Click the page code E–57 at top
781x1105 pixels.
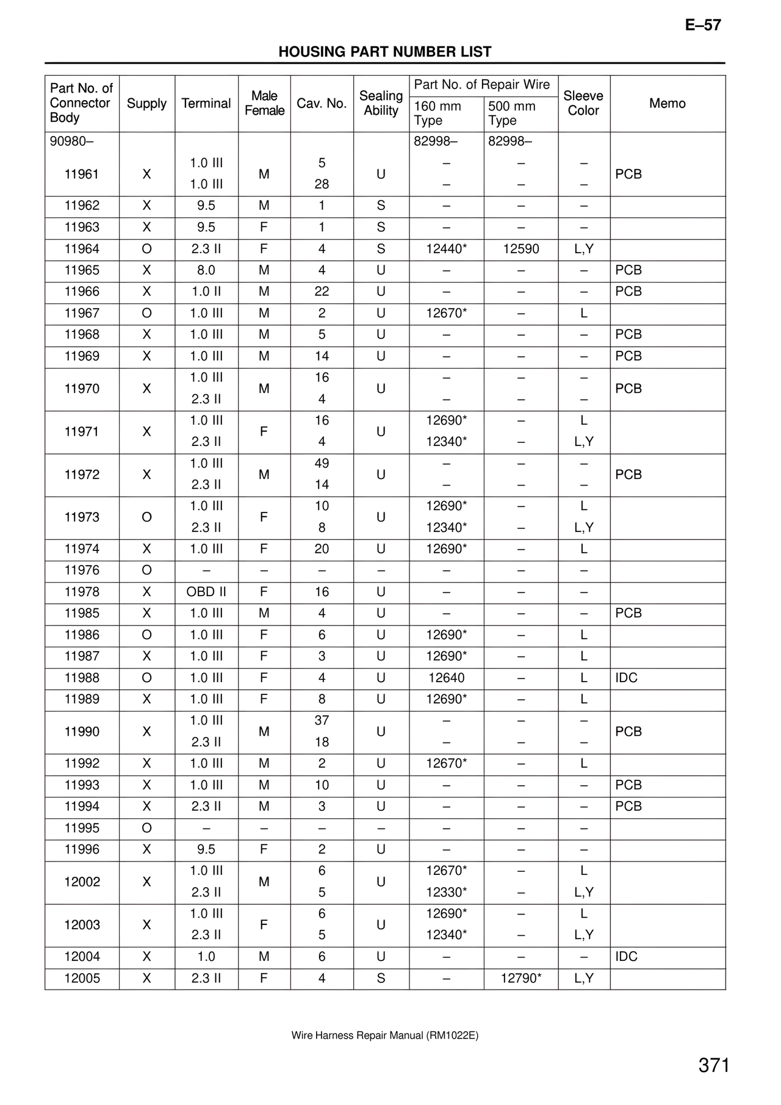[x=703, y=25]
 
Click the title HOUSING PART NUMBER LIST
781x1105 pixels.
[x=384, y=52]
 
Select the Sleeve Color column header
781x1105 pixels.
[x=583, y=103]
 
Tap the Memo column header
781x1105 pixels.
[x=667, y=103]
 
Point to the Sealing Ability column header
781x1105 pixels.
[x=381, y=103]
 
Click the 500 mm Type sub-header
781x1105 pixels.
[x=512, y=113]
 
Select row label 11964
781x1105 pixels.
[x=82, y=249]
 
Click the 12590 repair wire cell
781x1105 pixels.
[x=520, y=249]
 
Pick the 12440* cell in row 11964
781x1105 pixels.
[x=446, y=249]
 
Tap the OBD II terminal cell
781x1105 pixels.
[x=206, y=592]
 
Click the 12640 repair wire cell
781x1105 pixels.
[x=446, y=678]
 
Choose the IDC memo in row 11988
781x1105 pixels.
[x=626, y=678]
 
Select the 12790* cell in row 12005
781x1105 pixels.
[x=520, y=978]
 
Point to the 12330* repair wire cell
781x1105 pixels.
[x=446, y=892]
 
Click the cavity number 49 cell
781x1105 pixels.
[x=322, y=463]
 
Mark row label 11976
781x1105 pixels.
[x=82, y=570]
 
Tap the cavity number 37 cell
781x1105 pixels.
[x=322, y=721]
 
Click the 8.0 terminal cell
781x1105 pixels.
[x=206, y=270]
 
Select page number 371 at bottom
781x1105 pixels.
[x=714, y=1065]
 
